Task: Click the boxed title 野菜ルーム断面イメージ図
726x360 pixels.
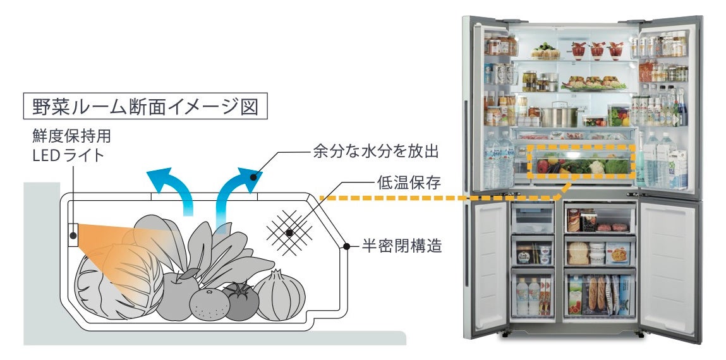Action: tap(145, 106)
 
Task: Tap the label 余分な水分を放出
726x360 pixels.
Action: tap(375, 152)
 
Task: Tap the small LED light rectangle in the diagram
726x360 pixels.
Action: tap(73, 235)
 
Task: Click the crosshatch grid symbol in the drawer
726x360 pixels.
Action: tap(289, 232)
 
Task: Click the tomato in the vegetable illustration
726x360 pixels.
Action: tap(239, 301)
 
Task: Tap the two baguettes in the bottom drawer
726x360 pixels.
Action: tap(598, 294)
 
